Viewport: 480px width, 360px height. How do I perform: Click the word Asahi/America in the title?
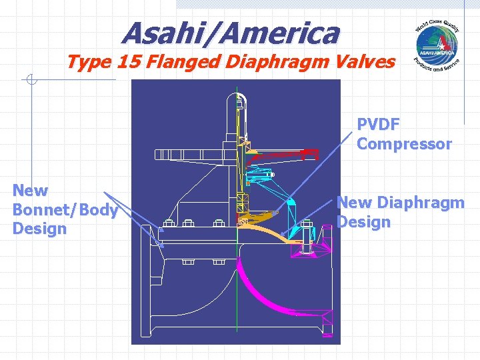pos(230,31)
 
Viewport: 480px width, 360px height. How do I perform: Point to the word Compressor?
pos(404,144)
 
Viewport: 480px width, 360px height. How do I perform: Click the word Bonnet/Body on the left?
pos(65,210)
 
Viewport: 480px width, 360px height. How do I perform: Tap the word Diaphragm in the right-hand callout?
pos(420,202)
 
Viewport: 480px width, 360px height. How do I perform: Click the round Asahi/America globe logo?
pos(437,45)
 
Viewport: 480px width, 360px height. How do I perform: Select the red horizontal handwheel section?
pos(280,155)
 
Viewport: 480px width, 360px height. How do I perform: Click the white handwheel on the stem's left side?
pos(193,155)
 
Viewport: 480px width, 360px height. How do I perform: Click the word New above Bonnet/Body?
pos(30,191)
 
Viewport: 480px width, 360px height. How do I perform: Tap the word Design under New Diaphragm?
pos(363,221)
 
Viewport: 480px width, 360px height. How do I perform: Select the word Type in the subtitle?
pos(88,63)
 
